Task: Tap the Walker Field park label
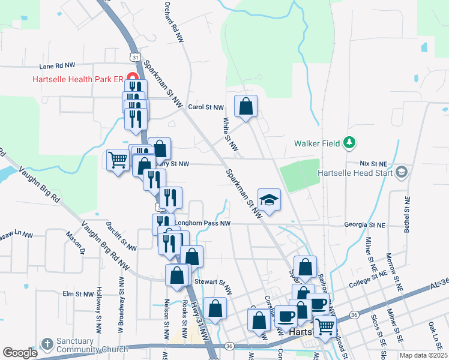(x=317, y=143)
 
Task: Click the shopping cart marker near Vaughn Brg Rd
(x=118, y=160)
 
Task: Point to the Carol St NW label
(x=205, y=107)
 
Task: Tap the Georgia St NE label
(x=364, y=224)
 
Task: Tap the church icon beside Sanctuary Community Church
(x=47, y=344)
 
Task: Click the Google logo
(x=20, y=353)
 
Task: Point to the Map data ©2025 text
(x=423, y=355)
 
